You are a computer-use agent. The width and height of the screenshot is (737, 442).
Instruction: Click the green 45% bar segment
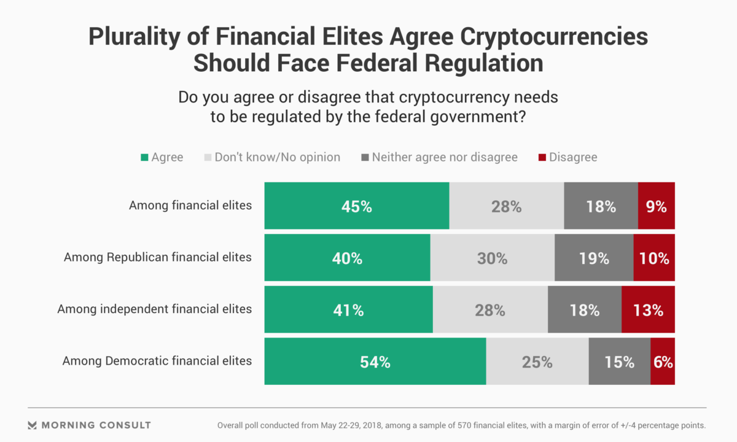[357, 206]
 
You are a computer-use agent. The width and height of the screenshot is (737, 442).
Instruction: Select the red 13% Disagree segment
[648, 310]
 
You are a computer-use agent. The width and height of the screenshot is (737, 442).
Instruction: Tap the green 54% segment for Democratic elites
[375, 362]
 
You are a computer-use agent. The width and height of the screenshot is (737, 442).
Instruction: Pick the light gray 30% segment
[492, 258]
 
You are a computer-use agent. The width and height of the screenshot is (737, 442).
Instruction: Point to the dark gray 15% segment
[619, 362]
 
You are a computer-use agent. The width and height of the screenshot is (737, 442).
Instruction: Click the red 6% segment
[663, 362]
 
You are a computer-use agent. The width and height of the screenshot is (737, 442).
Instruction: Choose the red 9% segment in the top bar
[656, 206]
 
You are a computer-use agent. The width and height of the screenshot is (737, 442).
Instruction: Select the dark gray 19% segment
[594, 258]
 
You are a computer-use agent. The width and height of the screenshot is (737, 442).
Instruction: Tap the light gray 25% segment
[537, 362]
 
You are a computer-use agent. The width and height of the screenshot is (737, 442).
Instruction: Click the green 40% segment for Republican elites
[347, 258]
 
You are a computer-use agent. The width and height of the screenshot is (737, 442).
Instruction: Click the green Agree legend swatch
[144, 158]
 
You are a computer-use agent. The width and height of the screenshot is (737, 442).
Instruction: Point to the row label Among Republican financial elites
[158, 257]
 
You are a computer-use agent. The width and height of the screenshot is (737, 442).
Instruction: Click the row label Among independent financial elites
[155, 309]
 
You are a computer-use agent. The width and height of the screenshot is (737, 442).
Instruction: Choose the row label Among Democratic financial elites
[157, 361]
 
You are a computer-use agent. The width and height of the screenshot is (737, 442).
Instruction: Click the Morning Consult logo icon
[33, 425]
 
